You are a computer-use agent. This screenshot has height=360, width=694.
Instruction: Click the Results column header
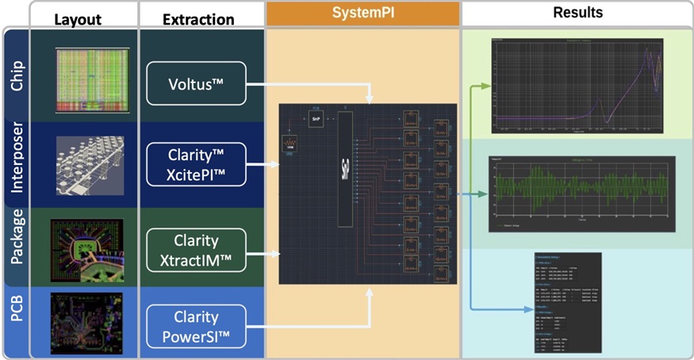tap(577, 13)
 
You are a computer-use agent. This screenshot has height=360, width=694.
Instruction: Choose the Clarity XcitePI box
tap(197, 164)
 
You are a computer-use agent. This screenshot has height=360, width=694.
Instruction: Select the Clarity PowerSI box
tap(197, 325)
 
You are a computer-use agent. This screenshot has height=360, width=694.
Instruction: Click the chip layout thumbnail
tap(90, 79)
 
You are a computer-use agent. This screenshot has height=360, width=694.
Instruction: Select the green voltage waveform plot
tap(581, 193)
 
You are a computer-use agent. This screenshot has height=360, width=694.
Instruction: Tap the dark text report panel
tap(564, 305)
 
